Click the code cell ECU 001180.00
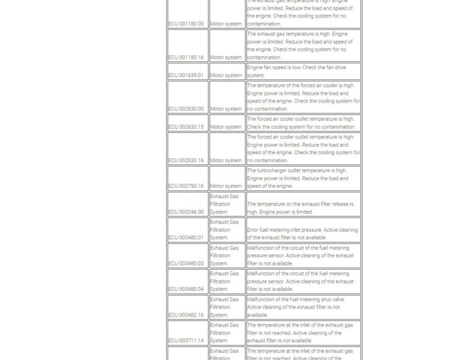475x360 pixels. click(x=186, y=24)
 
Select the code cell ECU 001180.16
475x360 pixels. click(x=186, y=58)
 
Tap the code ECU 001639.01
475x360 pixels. click(x=186, y=75)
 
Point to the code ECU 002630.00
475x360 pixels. click(x=186, y=109)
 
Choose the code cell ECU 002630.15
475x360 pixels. click(x=186, y=127)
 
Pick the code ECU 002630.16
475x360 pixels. click(x=186, y=160)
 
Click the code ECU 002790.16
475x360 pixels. click(x=186, y=186)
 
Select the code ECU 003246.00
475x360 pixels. click(x=186, y=212)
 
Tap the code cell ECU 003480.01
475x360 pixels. click(x=186, y=238)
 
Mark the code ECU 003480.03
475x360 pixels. click(x=186, y=264)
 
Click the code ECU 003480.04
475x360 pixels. click(x=186, y=289)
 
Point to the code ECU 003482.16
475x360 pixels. click(x=186, y=315)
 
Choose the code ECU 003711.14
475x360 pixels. click(x=186, y=341)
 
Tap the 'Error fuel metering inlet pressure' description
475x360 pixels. click(x=302, y=234)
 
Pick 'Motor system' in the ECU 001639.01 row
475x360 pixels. click(x=226, y=75)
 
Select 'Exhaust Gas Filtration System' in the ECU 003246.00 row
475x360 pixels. click(x=224, y=204)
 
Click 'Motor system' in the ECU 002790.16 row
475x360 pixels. click(x=226, y=186)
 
